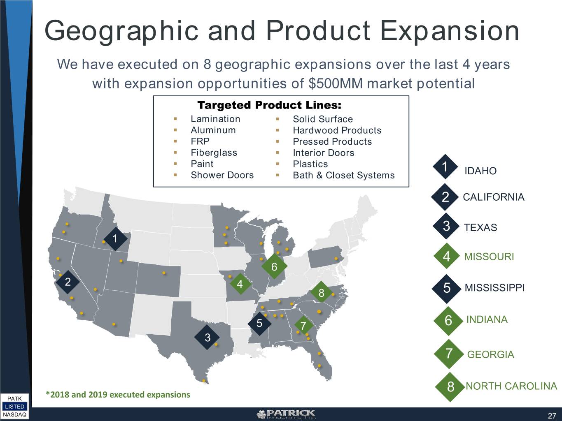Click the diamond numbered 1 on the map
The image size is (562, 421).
(115, 239)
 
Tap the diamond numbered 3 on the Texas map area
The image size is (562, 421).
(207, 338)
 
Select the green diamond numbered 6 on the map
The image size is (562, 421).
(274, 266)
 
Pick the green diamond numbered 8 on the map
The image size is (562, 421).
(321, 293)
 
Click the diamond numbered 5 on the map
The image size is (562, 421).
(259, 324)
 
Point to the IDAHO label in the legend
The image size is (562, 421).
(480, 171)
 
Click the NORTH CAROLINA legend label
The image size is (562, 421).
(511, 386)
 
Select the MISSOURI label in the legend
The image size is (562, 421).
(489, 257)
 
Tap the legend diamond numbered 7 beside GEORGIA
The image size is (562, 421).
(449, 354)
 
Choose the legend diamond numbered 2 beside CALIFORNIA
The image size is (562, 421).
(445, 197)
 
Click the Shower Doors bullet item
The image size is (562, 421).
(222, 175)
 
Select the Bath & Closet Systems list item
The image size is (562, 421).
(344, 176)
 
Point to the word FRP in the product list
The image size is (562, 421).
(200, 141)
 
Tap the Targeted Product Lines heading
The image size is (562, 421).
(269, 105)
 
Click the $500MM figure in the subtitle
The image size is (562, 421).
(336, 83)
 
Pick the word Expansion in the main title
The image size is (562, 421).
(450, 31)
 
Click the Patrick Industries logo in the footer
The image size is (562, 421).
(286, 414)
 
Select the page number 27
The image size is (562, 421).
(552, 416)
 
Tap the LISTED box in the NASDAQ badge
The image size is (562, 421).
(14, 407)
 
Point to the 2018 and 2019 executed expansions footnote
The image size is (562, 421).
(118, 395)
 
